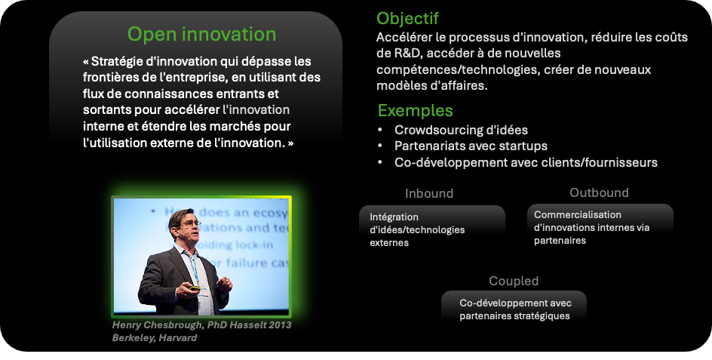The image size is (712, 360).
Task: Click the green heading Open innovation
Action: pyautogui.click(x=201, y=35)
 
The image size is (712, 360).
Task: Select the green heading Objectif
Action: pyautogui.click(x=407, y=19)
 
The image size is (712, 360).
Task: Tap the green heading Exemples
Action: pyautogui.click(x=415, y=110)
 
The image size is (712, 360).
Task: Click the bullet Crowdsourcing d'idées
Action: pyautogui.click(x=461, y=130)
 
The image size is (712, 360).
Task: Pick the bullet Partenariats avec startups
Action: pyautogui.click(x=471, y=146)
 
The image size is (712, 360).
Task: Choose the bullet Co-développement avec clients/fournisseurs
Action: pyautogui.click(x=526, y=162)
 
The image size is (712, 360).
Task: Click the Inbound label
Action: pyautogui.click(x=429, y=193)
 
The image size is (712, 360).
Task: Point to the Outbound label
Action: pyautogui.click(x=599, y=192)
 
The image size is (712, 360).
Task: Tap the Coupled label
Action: pyautogui.click(x=514, y=281)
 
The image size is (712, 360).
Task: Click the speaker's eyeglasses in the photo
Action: pyautogui.click(x=190, y=223)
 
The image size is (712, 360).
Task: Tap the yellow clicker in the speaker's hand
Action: pyautogui.click(x=195, y=288)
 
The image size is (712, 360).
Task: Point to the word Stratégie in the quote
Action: pyautogui.click(x=112, y=61)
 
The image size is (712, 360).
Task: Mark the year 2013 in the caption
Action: pyautogui.click(x=279, y=325)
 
